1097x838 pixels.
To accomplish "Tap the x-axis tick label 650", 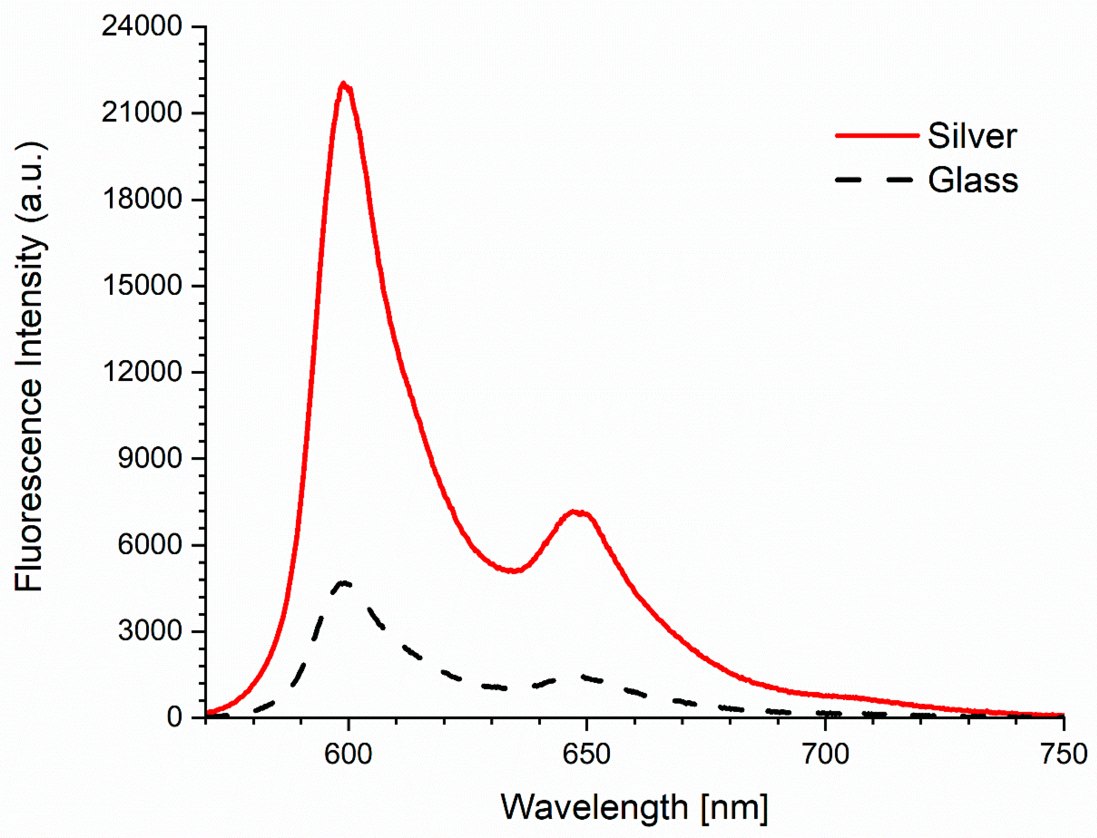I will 586,754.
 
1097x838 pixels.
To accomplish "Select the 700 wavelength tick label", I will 825,754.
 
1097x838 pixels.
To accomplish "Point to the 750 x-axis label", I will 1063,754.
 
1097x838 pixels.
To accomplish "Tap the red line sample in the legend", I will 877,135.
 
